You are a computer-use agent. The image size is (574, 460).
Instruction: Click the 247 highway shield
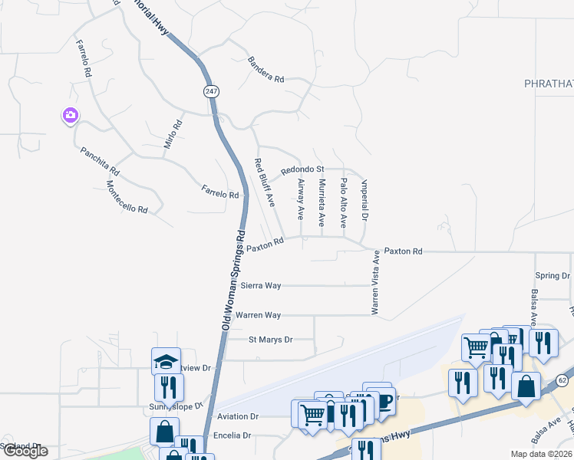(211, 91)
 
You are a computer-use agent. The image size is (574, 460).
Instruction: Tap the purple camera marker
(70, 116)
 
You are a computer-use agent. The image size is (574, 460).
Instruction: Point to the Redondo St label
(302, 169)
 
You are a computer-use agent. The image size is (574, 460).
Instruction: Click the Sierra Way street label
(261, 285)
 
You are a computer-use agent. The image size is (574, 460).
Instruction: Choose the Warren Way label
(258, 315)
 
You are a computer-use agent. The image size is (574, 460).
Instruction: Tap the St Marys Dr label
(271, 340)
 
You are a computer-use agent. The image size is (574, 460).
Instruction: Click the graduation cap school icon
(166, 361)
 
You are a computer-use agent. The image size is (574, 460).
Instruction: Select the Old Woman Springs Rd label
(233, 281)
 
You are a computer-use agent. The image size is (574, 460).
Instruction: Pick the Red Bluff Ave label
(264, 182)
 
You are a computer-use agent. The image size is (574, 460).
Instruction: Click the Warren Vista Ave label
(376, 286)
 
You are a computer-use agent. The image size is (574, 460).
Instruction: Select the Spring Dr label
(553, 276)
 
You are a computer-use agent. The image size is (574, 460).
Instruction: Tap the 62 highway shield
(563, 380)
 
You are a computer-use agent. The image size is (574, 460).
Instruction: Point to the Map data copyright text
(541, 454)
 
